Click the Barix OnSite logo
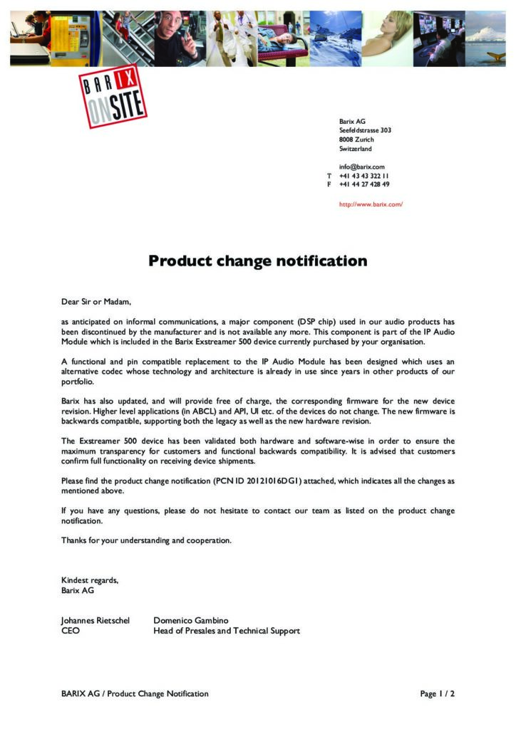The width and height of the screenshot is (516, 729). pyautogui.click(x=112, y=96)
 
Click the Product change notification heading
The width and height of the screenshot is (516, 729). pyautogui.click(x=257, y=261)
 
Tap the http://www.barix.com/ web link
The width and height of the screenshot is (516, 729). pyautogui.click(x=371, y=204)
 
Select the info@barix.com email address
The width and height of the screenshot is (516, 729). pyautogui.click(x=361, y=167)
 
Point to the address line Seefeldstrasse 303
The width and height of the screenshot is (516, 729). pyautogui.click(x=365, y=131)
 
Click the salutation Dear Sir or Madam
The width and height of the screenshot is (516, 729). pyautogui.click(x=96, y=302)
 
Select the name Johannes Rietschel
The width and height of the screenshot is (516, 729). pyautogui.click(x=96, y=621)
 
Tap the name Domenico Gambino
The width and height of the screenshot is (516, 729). pyautogui.click(x=191, y=621)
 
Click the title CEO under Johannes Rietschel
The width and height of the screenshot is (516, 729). pyautogui.click(x=71, y=631)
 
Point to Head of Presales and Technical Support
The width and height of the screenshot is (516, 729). pyautogui.click(x=227, y=631)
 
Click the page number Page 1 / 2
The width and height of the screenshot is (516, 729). pyautogui.click(x=437, y=694)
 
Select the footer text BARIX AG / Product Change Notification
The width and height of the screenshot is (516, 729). pyautogui.click(x=135, y=694)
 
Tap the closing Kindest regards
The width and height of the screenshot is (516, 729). pyautogui.click(x=90, y=580)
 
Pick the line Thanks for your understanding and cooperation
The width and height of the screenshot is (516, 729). pyautogui.click(x=146, y=541)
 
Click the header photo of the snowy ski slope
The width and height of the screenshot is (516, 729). pyautogui.click(x=335, y=38)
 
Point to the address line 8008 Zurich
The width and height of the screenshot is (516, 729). pyautogui.click(x=356, y=140)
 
